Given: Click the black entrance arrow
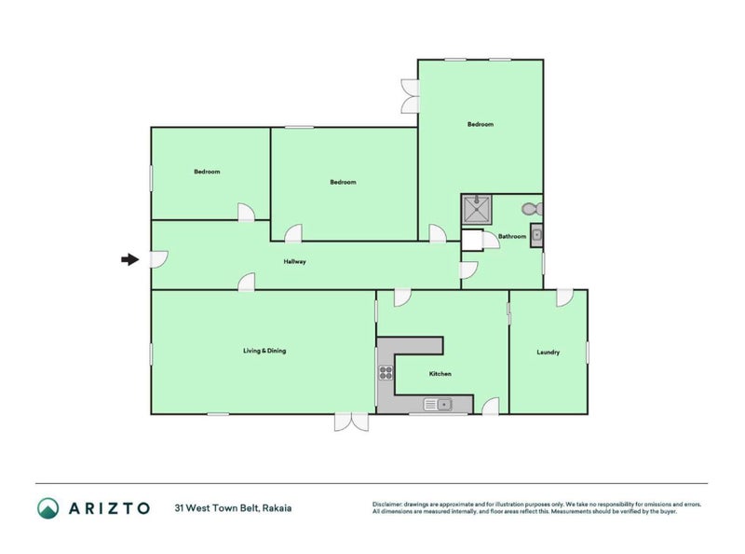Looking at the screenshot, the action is pos(130,260).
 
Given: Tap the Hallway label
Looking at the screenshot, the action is pos(294,262).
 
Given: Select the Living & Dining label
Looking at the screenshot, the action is pos(264,351).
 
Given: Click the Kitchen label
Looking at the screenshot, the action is pos(440,374).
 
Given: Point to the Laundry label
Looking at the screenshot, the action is pos(549,353).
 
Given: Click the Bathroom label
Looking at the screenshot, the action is pos(512,237).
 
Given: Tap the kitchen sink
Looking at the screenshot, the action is pos(438,404).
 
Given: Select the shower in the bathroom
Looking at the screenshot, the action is pos(476,210).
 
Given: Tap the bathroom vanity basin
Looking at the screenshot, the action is pos(536,232).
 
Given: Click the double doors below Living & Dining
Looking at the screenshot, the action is pos(352,422).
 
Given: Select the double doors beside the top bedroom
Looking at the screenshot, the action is pos(409,96).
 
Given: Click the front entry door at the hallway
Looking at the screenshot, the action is pos(159,259).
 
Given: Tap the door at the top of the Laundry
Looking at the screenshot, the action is pos(564,298).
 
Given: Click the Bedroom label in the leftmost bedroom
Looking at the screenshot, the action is pos(207,172).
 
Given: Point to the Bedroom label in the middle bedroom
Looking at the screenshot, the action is pos(343,182).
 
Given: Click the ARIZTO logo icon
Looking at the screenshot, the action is pos(48,508).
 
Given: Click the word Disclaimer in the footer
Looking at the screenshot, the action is pos(388,504).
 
